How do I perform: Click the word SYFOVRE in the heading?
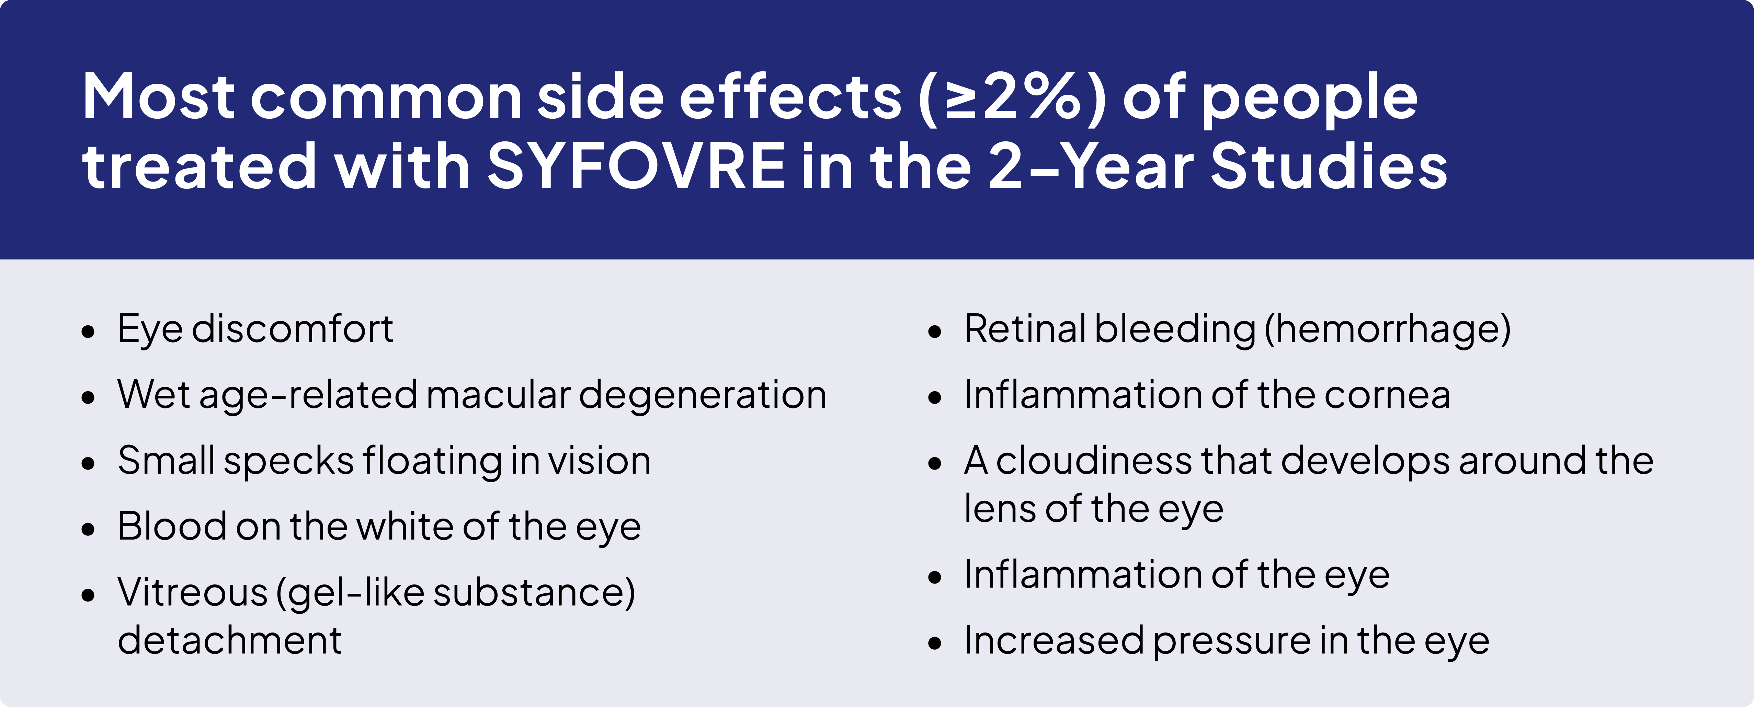point(636,166)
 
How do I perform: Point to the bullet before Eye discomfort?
point(88,332)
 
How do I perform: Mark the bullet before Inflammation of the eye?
point(935,578)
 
